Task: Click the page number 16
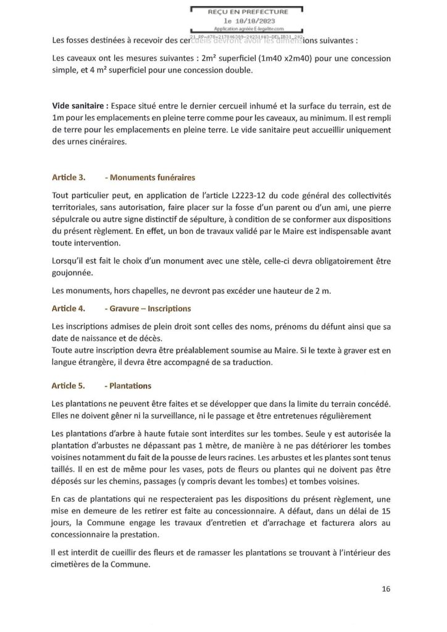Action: coord(386,589)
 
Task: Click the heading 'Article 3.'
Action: coord(69,178)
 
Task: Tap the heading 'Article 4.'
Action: coord(69,308)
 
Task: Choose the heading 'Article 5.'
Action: coord(69,386)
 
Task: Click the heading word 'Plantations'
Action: coord(130,386)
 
